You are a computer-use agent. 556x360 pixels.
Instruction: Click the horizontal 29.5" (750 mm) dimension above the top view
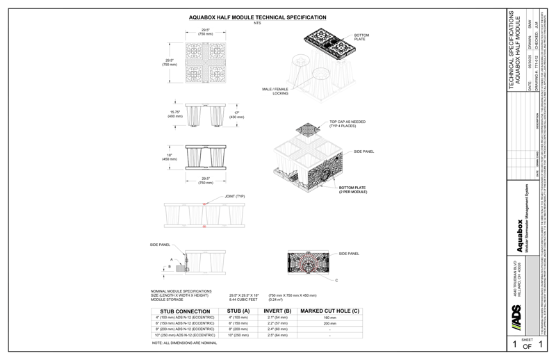coord(204,32)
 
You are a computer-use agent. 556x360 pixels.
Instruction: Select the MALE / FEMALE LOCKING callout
coord(276,91)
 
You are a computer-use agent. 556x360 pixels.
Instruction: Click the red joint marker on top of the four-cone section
coord(204,204)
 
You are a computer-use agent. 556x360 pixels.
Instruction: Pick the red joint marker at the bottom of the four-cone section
coord(204,227)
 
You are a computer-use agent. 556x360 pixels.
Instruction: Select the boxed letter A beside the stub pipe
coord(170,259)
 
